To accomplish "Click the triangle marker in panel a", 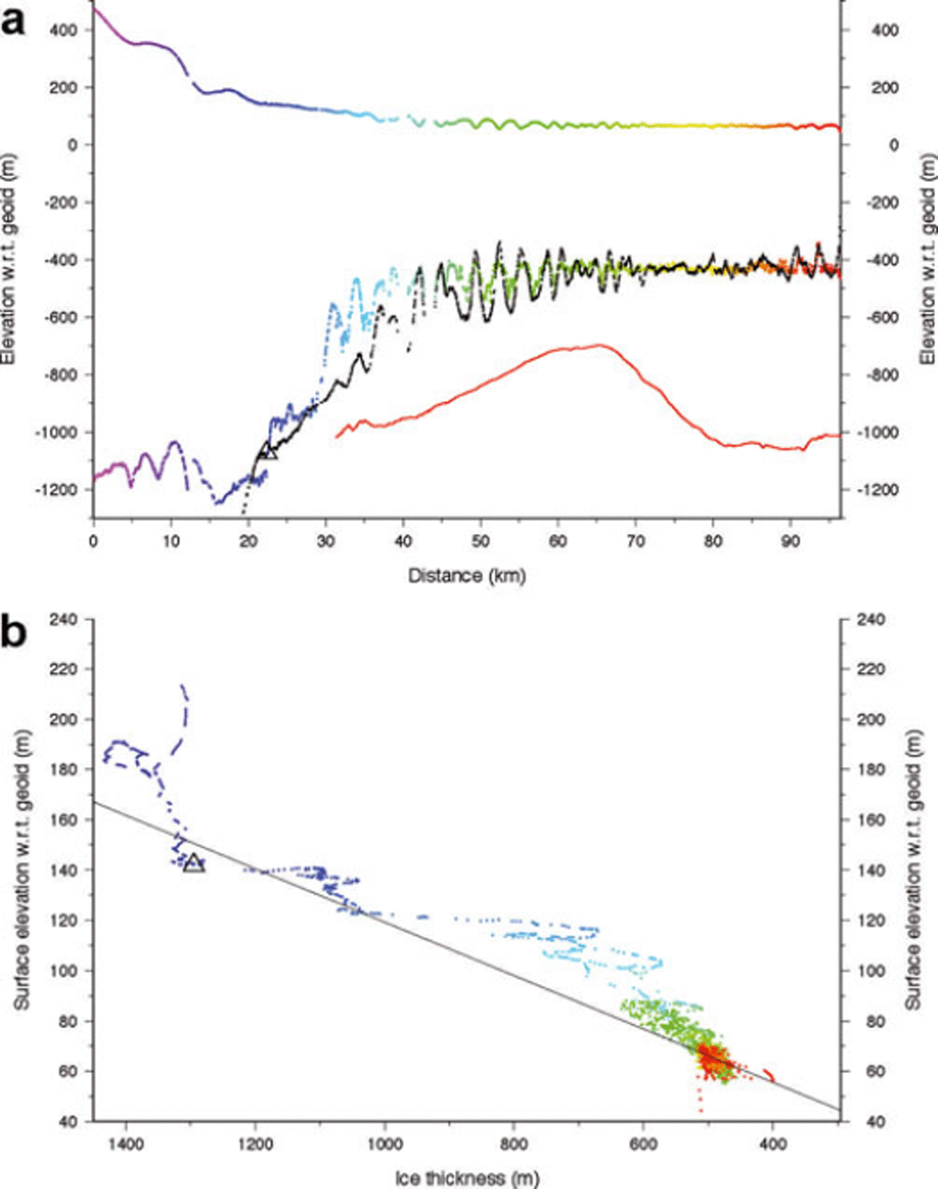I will (x=268, y=451).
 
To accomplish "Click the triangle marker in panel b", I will (x=194, y=863).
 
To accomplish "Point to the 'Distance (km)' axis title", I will (x=467, y=575).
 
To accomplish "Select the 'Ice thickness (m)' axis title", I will (x=467, y=1177).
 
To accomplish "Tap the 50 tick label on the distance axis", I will (x=480, y=541).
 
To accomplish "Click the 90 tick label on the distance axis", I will (x=791, y=541).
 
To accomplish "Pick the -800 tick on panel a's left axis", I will (x=62, y=374).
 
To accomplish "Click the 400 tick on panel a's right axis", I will (x=884, y=30).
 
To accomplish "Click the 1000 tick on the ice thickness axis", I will (x=385, y=1143).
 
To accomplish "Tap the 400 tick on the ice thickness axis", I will (x=773, y=1143).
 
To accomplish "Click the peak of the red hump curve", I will (x=598, y=345).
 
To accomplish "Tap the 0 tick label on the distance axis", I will (x=93, y=541).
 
